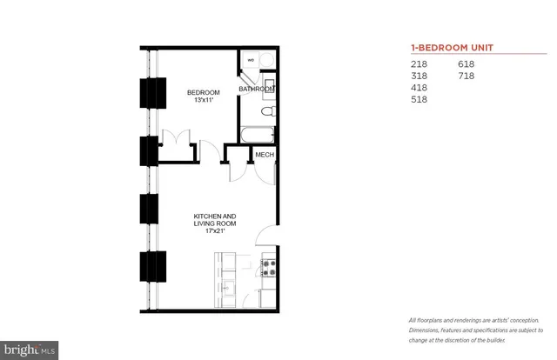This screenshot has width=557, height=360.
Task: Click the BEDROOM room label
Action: [x=203, y=93]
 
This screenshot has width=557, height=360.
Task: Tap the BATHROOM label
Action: [x=258, y=90]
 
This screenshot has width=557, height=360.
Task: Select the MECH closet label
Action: [x=265, y=155]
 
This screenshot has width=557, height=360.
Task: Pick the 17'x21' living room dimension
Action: [x=214, y=231]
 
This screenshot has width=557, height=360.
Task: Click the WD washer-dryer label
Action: [x=252, y=60]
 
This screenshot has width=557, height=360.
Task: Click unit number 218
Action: [x=419, y=64]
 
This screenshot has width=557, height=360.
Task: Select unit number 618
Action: [x=467, y=64]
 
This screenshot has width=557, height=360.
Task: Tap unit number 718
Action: [x=467, y=77]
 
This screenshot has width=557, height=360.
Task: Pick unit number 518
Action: [x=419, y=100]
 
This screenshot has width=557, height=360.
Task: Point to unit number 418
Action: [x=419, y=88]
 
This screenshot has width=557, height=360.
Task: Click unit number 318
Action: [x=419, y=77]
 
